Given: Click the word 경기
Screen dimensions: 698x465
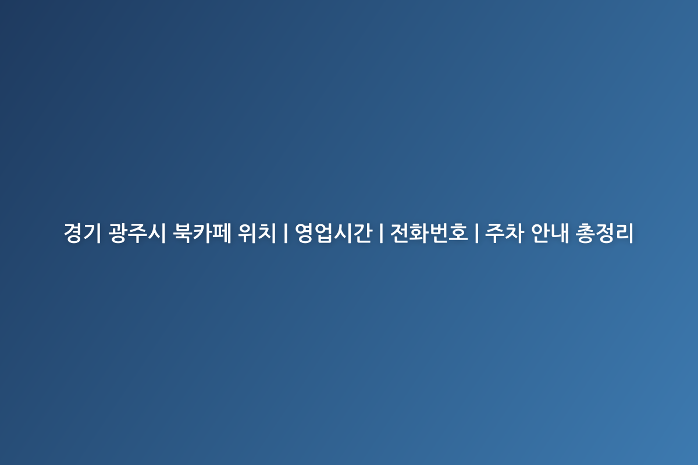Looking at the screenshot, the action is click(x=83, y=233).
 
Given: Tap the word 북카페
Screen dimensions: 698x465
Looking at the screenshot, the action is click(x=202, y=233).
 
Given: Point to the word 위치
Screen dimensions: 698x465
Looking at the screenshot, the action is click(x=257, y=233).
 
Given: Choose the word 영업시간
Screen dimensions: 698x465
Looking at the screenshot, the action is click(x=333, y=233).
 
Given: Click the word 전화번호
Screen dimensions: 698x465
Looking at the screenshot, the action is click(x=429, y=233).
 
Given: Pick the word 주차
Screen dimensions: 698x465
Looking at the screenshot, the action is click(x=504, y=233).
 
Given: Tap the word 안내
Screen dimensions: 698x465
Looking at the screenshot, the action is click(x=550, y=233).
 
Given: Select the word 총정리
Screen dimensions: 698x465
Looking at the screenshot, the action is click(x=604, y=233).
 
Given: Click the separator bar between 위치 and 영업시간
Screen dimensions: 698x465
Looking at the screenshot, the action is click(x=286, y=233).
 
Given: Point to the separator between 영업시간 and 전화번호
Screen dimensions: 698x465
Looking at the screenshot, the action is click(x=381, y=233).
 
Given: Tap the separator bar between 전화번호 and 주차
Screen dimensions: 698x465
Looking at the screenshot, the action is click(x=477, y=233).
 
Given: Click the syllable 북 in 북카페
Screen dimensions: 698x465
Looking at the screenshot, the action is click(x=183, y=233).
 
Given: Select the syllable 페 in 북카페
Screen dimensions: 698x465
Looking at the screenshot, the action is click(x=222, y=233).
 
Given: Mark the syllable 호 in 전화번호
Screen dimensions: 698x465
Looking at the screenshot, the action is click(x=458, y=233).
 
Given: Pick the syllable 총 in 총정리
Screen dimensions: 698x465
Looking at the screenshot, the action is click(x=585, y=233).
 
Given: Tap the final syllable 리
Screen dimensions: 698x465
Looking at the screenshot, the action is click(x=624, y=233).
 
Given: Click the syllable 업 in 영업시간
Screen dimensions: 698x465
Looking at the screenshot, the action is click(x=324, y=233).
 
